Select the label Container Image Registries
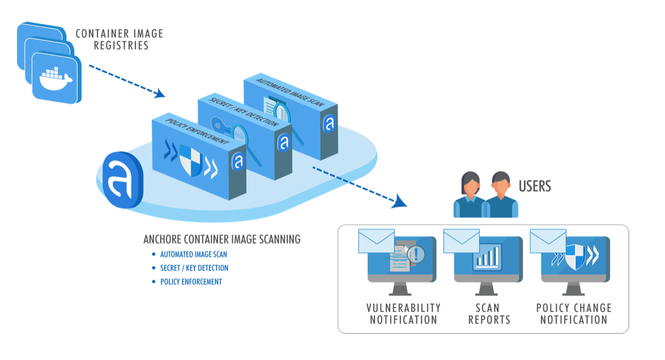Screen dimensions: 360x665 pos(120,39)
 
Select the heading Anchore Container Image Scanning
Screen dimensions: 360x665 pos(222,239)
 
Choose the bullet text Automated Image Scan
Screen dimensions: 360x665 pos(193,255)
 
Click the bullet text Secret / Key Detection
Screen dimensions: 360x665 pos(194,268)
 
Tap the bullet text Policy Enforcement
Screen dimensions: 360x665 pos(191,281)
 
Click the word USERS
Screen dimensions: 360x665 pos(535,186)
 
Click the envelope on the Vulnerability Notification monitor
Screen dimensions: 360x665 pos(377,241)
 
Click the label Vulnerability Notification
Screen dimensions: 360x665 pos(403,314)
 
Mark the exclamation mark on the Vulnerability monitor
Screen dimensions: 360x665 pos(416,253)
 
